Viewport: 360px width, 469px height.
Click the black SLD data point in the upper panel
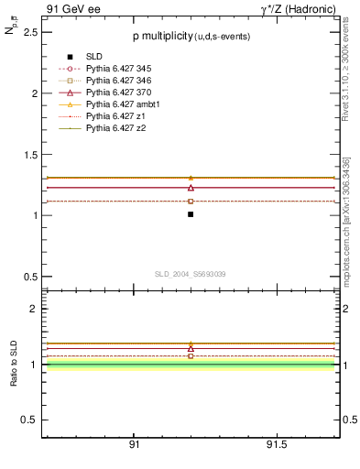pyautogui.click(x=191, y=213)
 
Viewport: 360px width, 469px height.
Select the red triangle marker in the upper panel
pyautogui.click(x=191, y=187)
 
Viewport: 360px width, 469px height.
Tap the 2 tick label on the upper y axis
pyautogui.click(x=35, y=93)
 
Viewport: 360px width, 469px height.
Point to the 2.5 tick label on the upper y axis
pyautogui.click(x=31, y=32)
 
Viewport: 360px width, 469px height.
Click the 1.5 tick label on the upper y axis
pyautogui.click(x=31, y=155)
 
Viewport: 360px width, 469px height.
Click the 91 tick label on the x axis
pyautogui.click(x=134, y=445)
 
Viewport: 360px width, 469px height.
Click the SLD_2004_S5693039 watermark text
pyautogui.click(x=190, y=274)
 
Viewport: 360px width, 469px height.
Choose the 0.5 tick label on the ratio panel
pyautogui.click(x=31, y=420)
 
